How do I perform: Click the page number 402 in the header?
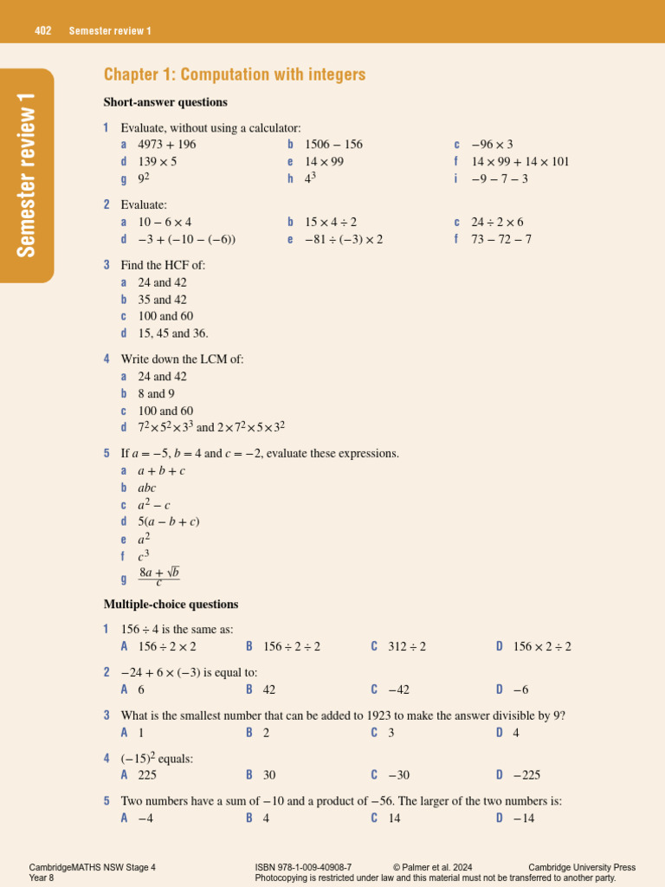[43, 31]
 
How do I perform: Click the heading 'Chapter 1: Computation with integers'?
[235, 74]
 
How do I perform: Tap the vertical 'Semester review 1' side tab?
[27, 175]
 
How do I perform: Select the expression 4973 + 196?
[167, 145]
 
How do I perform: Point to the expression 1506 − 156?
[333, 145]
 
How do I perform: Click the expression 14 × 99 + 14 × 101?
[520, 162]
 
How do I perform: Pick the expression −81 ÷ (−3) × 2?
[344, 239]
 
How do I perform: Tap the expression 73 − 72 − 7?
[501, 239]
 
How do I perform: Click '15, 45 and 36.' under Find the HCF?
[173, 333]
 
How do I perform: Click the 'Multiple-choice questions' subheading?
[171, 604]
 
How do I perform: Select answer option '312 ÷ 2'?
[405, 646]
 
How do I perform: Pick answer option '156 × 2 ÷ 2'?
[542, 646]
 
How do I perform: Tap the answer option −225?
[526, 775]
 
